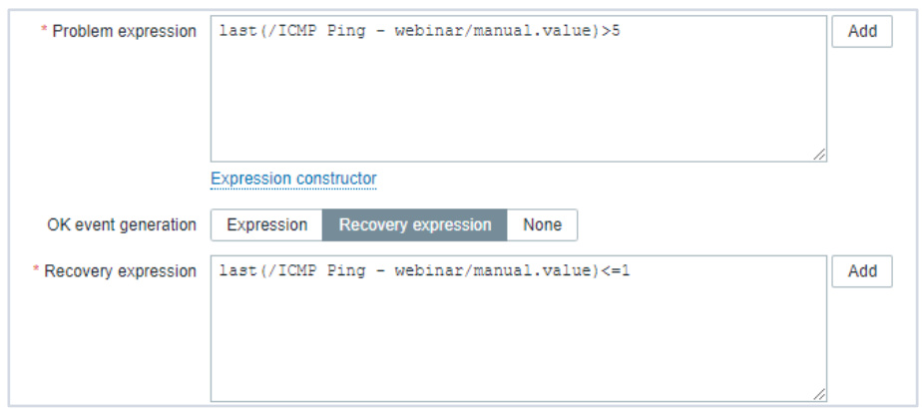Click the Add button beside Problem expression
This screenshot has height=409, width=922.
(861, 32)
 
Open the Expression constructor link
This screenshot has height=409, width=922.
(293, 179)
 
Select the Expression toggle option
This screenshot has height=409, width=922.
(267, 225)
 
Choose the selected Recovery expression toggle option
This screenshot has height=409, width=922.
(414, 225)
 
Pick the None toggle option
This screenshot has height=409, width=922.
(542, 225)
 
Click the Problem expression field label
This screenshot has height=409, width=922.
(124, 32)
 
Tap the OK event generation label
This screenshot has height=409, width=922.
(122, 225)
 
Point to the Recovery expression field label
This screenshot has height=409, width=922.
(120, 271)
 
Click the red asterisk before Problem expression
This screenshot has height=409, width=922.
(44, 29)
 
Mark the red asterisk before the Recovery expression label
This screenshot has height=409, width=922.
(36, 269)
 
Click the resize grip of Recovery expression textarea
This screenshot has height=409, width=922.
(818, 394)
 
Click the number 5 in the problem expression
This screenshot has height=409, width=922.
(615, 31)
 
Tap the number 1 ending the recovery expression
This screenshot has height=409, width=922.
(625, 271)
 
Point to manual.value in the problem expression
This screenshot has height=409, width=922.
(536, 31)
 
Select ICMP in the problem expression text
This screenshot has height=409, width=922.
(297, 31)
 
